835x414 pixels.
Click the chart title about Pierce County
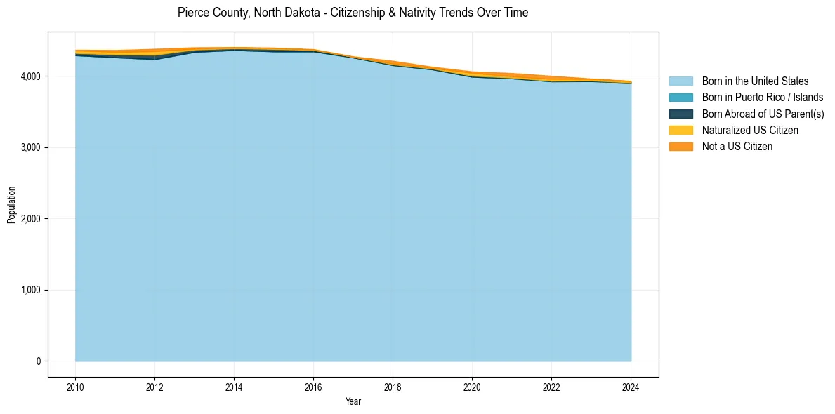coord(353,13)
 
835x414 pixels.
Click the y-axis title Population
coord(11,204)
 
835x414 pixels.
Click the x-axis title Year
coord(353,401)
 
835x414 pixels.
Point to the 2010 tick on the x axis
coord(75,387)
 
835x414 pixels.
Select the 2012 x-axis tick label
coord(154,387)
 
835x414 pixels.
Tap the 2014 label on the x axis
coord(234,387)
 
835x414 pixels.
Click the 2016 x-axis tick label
coord(313,387)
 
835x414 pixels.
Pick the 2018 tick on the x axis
coord(393,387)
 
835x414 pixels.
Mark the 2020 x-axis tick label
coord(472,387)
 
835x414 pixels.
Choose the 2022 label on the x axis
coord(551,387)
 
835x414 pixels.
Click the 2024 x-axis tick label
coord(631,387)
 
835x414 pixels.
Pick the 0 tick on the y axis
coord(38,361)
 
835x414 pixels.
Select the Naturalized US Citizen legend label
coord(750,131)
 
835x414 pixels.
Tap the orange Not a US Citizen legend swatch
coord(681,147)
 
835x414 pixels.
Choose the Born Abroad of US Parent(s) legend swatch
coord(681,114)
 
